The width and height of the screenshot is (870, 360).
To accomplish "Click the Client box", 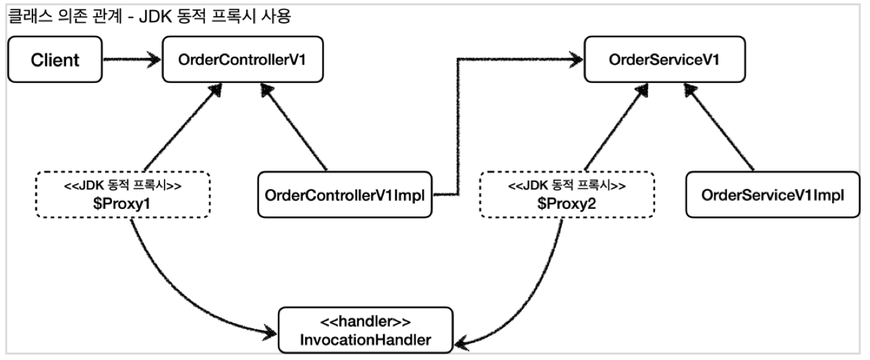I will (x=55, y=60).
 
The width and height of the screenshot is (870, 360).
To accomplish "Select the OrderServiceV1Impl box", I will (x=772, y=196).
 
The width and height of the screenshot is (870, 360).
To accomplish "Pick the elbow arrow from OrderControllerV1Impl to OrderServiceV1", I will (x=459, y=121).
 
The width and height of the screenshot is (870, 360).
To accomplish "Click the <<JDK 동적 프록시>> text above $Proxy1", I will (x=122, y=185).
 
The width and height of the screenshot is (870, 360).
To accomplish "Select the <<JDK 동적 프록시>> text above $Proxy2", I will (x=567, y=185).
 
